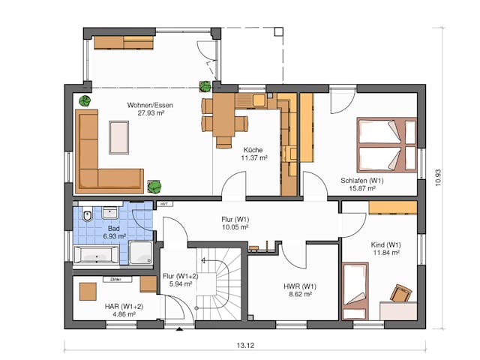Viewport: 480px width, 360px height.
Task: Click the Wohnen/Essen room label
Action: point(150,105)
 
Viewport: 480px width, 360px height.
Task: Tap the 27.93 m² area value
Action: point(150,113)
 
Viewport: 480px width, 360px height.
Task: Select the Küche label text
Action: point(253,149)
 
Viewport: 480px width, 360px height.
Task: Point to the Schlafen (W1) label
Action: point(361,181)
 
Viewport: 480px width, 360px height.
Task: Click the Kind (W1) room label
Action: point(385,245)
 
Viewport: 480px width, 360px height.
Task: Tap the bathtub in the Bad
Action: point(96,256)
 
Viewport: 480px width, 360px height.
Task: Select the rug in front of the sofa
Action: point(119,136)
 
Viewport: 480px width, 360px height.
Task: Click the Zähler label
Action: point(115,279)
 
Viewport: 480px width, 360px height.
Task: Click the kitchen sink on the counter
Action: point(258,99)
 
